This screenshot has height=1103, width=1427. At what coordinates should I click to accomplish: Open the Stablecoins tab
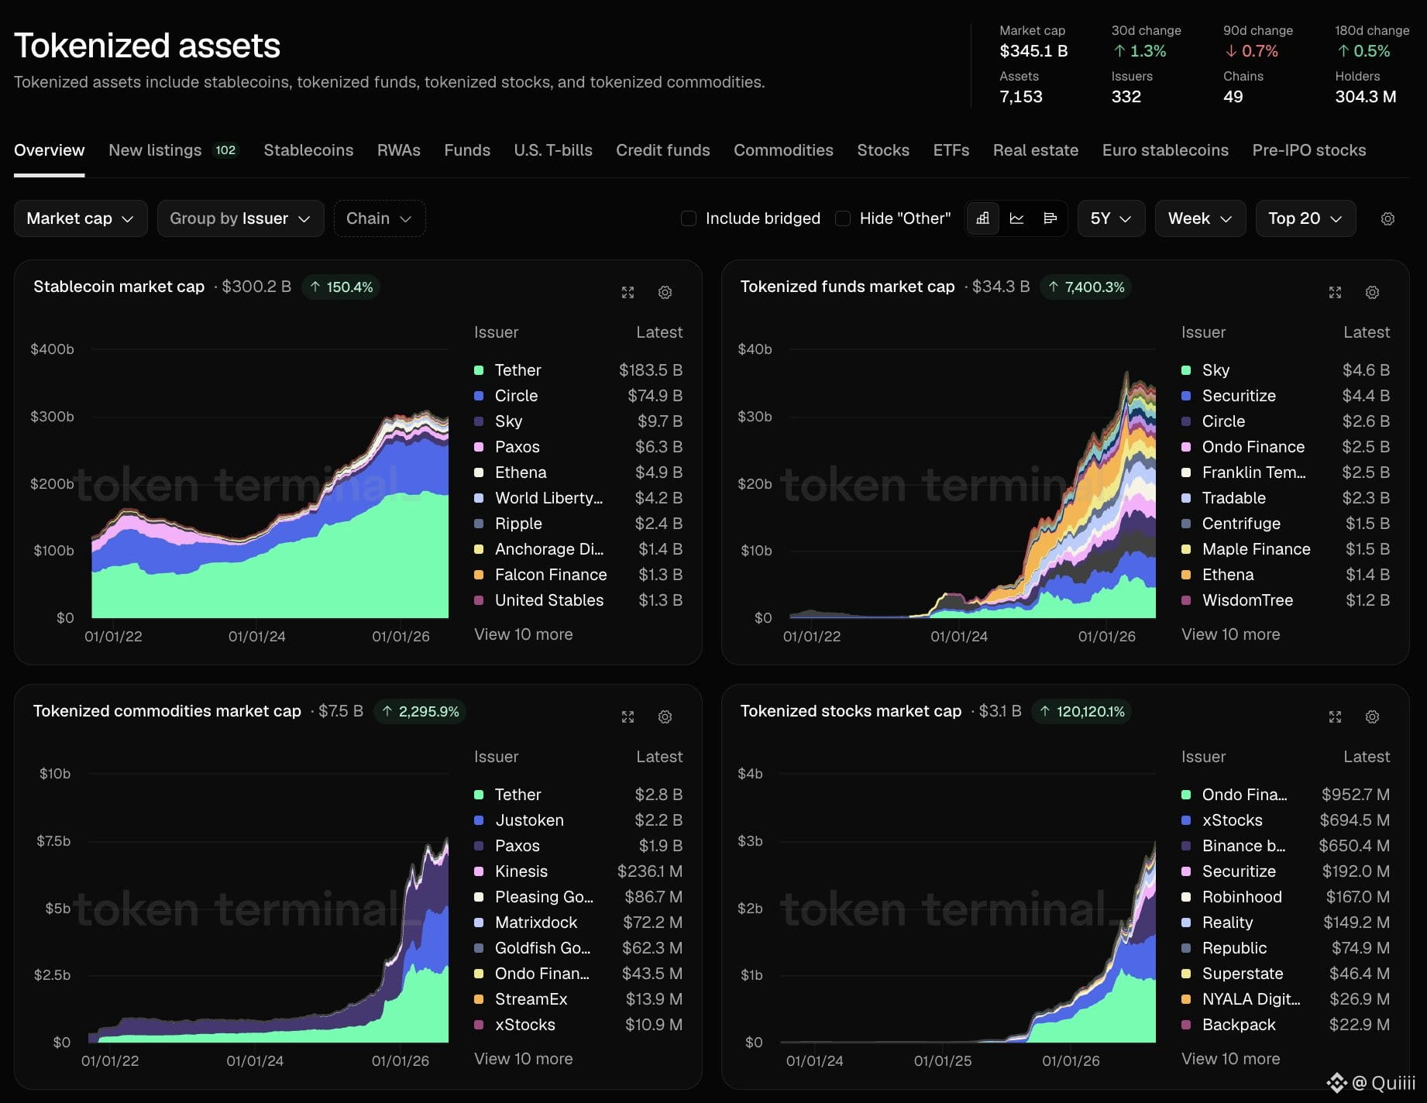click(308, 150)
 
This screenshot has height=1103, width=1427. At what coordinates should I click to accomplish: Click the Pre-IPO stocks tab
click(1309, 150)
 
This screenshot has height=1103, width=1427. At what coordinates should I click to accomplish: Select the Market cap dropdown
click(81, 218)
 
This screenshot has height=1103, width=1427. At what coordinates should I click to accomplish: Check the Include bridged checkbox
click(688, 218)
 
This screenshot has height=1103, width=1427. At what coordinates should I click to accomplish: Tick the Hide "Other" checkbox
click(843, 218)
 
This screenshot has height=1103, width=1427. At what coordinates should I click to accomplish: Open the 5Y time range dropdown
click(1111, 218)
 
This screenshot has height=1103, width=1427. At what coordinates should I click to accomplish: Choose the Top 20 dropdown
click(1305, 218)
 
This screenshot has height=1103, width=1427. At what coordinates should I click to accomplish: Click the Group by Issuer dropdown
click(240, 218)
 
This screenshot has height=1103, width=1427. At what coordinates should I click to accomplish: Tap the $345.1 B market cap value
click(1033, 51)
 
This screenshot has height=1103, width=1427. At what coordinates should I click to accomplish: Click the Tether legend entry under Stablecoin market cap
click(518, 370)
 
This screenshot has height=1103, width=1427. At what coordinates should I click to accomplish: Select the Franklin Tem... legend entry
click(1253, 472)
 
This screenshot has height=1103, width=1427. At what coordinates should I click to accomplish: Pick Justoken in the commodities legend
click(529, 820)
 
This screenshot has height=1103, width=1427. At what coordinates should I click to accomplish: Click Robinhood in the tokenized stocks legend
click(1242, 897)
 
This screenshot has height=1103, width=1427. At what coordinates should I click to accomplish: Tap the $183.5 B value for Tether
click(651, 370)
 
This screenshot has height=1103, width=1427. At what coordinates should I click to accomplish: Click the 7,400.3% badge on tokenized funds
click(1086, 287)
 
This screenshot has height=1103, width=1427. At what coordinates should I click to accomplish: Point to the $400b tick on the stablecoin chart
click(52, 349)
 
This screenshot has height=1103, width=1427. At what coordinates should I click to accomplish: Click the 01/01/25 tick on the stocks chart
click(943, 1061)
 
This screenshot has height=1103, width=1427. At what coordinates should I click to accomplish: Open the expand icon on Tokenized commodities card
click(628, 717)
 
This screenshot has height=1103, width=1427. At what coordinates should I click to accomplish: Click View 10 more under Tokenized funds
click(1230, 634)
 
